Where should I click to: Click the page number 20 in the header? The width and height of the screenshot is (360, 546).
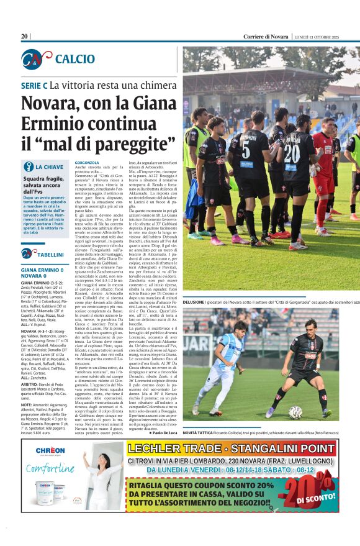(x=24, y=37)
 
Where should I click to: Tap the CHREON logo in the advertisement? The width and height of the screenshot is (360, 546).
(x=50, y=450)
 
